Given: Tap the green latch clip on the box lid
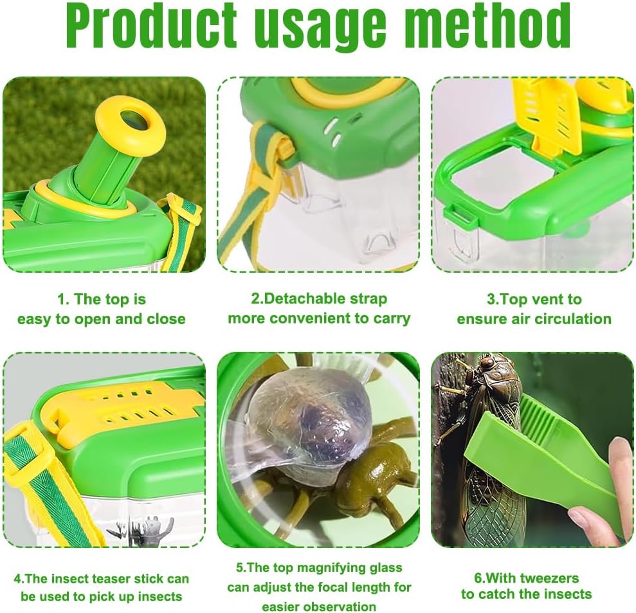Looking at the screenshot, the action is pyautogui.click(x=460, y=213).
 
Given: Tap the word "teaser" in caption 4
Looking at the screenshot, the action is pyautogui.click(x=114, y=578).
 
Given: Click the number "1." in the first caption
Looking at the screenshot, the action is pyautogui.click(x=64, y=299).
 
